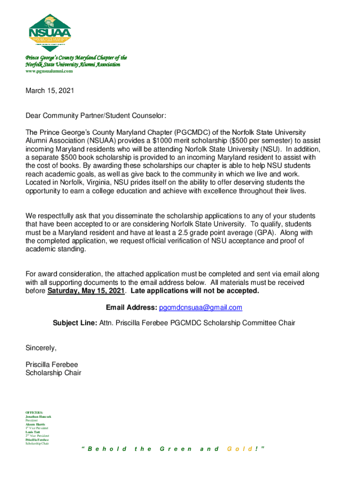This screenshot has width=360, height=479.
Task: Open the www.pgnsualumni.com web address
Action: [49, 71]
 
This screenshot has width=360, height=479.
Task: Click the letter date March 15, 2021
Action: [50, 91]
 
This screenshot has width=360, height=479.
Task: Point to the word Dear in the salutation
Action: [33, 115]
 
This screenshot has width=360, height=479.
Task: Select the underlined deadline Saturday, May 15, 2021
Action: [86, 291]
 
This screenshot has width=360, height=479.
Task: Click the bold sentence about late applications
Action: [194, 291]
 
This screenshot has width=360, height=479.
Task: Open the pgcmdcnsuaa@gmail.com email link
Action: [201, 307]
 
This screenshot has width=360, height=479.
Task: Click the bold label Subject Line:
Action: [75, 323]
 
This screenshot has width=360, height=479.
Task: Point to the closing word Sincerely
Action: [41, 348]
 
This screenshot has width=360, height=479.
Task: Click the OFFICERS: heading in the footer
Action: [33, 412]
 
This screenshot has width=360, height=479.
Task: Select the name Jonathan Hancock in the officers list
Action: [38, 416]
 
